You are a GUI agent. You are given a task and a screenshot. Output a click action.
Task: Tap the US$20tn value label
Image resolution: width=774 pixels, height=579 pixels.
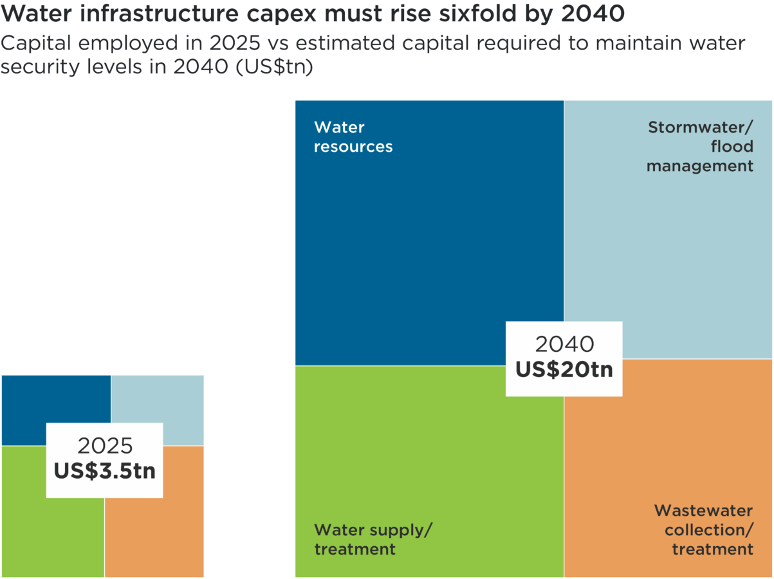coord(564,370)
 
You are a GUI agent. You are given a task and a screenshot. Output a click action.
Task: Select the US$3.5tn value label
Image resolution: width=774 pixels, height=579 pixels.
coord(104,471)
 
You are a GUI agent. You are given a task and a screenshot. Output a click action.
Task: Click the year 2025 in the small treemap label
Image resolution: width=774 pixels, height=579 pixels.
coord(105,446)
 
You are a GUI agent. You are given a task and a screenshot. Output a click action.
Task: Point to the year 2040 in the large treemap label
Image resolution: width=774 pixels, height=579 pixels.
coord(564,345)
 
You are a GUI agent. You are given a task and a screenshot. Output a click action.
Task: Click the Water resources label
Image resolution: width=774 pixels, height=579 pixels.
coord(353,137)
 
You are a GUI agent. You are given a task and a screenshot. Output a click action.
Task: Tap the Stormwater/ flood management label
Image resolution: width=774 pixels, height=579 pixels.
coord(700,147)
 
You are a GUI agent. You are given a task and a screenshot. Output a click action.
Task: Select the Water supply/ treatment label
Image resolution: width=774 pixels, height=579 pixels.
coord(373,539)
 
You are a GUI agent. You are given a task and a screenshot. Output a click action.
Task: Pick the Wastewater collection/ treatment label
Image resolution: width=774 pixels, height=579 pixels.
coord(704,530)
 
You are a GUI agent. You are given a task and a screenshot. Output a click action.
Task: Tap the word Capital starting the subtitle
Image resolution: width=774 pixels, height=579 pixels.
coord(41,44)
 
